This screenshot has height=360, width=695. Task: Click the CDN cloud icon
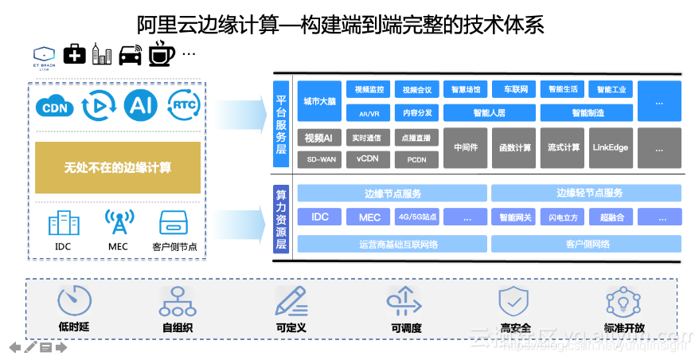(54, 106)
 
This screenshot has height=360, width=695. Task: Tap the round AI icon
(140, 105)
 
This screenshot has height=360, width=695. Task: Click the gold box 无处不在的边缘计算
(118, 168)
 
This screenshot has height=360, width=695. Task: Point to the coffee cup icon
(161, 53)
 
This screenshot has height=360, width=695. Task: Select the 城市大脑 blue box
(319, 101)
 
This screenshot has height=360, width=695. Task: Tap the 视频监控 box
(369, 89)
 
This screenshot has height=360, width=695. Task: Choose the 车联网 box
(511, 89)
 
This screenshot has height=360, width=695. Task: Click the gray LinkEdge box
(611, 147)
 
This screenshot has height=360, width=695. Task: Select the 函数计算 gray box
(515, 147)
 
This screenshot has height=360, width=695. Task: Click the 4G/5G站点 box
(418, 217)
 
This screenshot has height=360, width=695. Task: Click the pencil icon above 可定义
(291, 301)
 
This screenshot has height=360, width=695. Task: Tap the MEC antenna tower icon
(117, 222)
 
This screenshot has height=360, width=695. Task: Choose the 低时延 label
(73, 327)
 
